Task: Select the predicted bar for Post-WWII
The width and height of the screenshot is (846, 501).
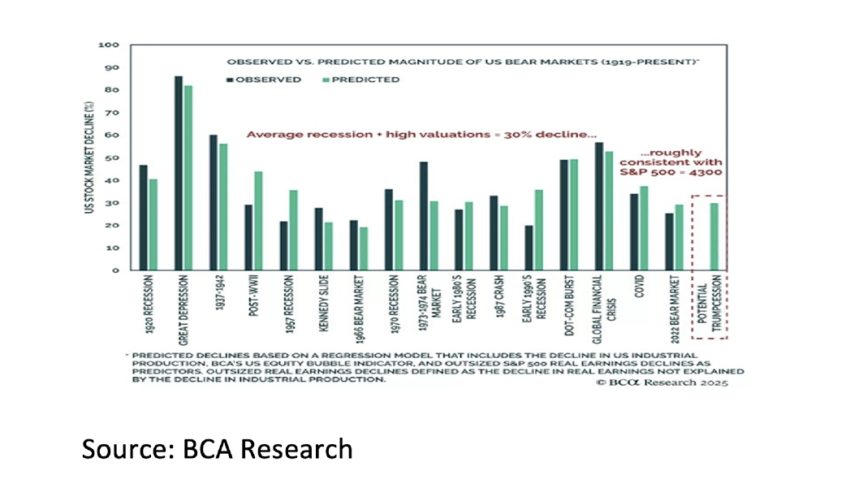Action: coord(258,221)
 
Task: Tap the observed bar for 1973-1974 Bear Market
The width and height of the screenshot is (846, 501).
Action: coord(424,216)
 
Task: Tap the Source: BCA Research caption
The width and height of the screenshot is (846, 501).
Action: coord(217,449)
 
